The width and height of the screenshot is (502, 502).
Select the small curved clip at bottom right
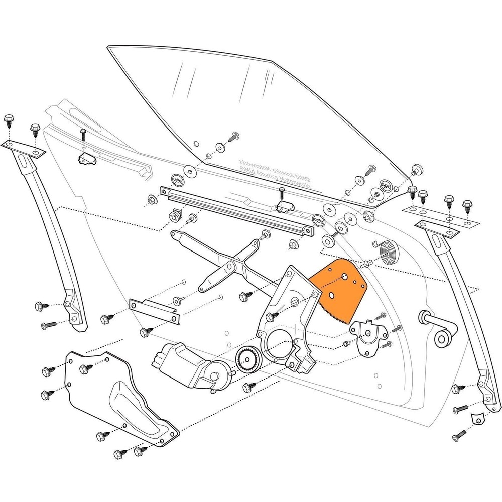(477, 417)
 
